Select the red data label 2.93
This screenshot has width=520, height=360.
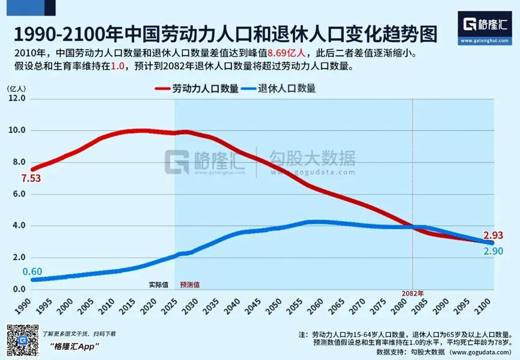click(492, 236)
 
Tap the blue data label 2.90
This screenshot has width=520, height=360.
click(492, 249)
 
